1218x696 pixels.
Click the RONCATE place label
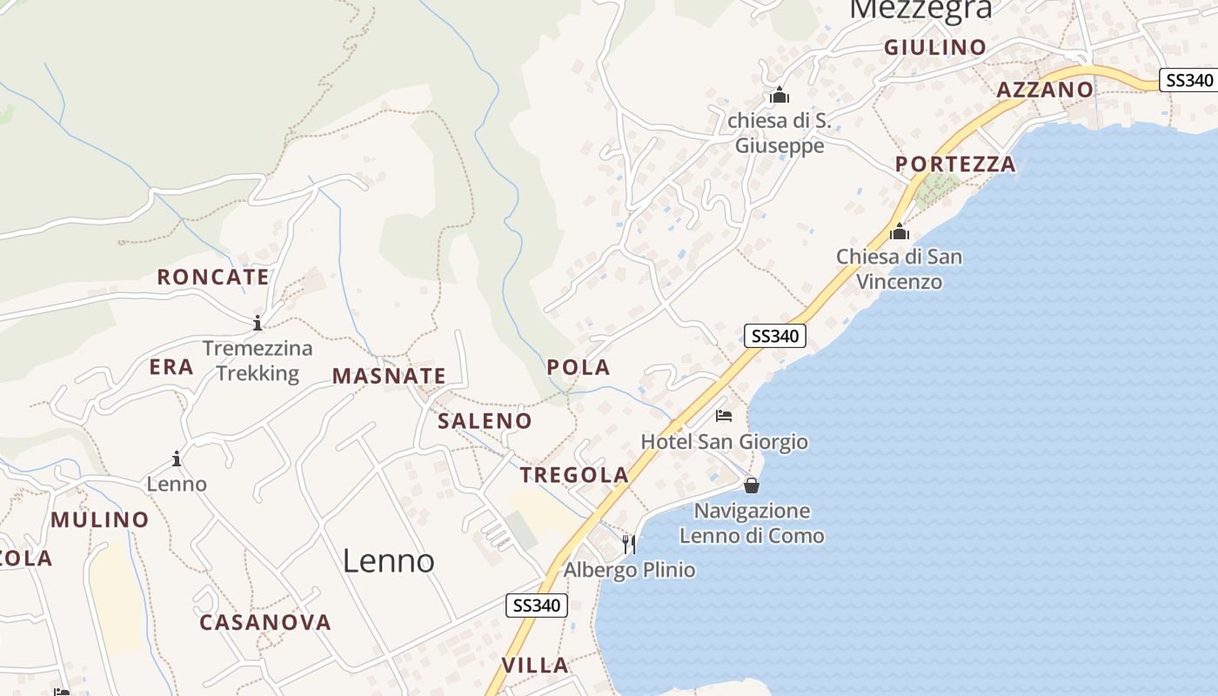click(213, 278)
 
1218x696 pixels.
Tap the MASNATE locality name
click(389, 377)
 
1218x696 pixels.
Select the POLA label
click(579, 368)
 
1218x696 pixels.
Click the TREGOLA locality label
click(574, 475)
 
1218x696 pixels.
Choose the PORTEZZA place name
click(955, 164)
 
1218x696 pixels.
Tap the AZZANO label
click(1044, 90)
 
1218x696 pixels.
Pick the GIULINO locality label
click(935, 48)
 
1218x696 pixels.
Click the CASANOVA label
click(265, 623)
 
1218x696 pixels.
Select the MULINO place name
click(100, 520)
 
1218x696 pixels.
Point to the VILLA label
click(535, 666)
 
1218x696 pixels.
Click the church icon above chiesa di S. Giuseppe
click(779, 94)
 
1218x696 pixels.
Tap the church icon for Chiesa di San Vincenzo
click(900, 232)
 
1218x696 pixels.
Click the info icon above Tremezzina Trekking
click(258, 324)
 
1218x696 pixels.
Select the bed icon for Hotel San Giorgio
click(724, 416)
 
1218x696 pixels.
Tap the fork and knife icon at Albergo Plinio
click(629, 545)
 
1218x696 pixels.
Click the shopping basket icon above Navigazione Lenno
click(752, 485)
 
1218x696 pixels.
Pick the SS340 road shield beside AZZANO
click(1189, 80)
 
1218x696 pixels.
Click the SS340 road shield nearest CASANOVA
click(537, 606)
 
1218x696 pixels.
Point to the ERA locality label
click(171, 367)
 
